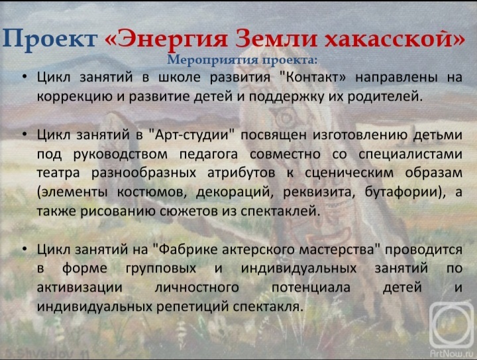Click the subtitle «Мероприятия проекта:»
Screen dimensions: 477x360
tap(242, 60)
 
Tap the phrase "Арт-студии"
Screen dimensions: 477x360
tap(193, 135)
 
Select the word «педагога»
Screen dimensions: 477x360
tap(209, 154)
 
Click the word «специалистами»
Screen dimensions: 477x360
tap(410, 154)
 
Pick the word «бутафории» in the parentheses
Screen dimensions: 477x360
tap(403, 192)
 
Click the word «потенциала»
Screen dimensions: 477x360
tap(311, 288)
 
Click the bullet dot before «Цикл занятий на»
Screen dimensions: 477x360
tap(25, 249)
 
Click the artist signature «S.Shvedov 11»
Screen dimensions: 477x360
tap(45, 354)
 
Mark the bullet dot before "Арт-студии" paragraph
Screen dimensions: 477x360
tap(25, 135)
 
